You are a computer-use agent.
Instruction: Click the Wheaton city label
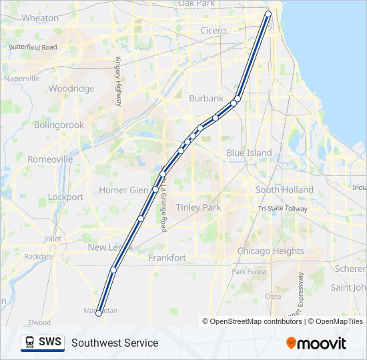click(41, 18)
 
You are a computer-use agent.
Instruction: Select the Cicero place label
click(214, 31)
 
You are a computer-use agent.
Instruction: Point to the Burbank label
click(206, 98)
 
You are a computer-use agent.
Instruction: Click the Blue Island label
click(249, 153)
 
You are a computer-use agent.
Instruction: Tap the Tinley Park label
click(198, 207)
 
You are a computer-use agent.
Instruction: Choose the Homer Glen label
click(123, 190)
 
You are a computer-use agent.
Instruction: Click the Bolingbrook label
click(59, 125)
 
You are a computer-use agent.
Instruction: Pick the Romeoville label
click(51, 159)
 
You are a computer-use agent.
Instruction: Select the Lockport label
click(65, 197)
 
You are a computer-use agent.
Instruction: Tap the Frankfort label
click(167, 257)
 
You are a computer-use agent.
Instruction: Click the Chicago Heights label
click(270, 251)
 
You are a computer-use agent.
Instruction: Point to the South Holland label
click(284, 190)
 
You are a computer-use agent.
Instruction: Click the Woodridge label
click(71, 88)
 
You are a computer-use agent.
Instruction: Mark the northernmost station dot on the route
click(268, 14)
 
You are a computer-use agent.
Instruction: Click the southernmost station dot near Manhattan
click(99, 313)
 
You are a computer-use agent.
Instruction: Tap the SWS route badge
click(43, 343)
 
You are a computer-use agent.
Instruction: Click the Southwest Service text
click(115, 343)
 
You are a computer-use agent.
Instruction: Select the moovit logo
click(316, 343)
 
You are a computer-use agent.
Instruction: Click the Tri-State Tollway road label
click(283, 209)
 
